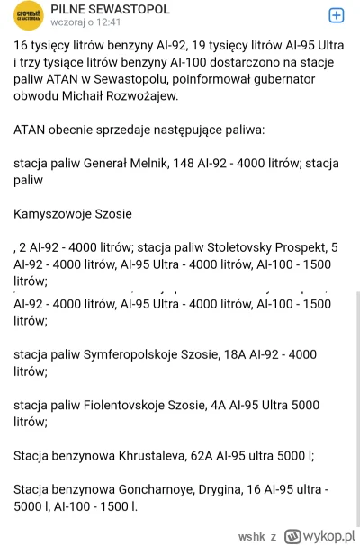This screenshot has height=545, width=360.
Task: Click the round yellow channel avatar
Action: tap(28, 17)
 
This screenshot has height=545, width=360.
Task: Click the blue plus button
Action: tap(335, 14)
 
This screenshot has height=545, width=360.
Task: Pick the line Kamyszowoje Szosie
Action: tap(73, 214)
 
